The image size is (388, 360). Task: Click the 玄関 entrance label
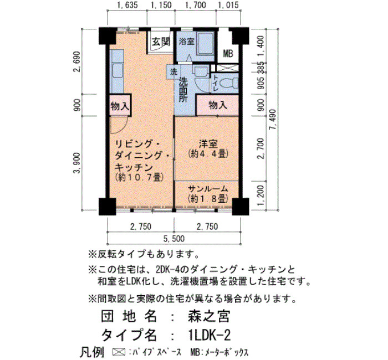point(161,42)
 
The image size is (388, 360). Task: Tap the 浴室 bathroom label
point(187,42)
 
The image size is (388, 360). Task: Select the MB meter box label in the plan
point(228,53)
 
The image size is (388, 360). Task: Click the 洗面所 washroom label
point(183,90)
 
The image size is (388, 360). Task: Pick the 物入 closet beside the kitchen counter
point(120,106)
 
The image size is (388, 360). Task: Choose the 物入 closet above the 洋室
point(218,105)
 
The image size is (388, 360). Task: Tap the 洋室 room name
point(208,144)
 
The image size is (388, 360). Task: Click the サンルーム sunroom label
point(208,189)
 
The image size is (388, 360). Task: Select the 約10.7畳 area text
point(139,177)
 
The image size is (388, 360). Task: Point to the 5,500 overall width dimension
point(174,239)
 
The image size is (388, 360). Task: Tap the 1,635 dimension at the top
point(127,5)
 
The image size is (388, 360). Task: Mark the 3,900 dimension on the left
point(77,163)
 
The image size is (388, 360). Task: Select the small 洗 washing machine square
point(173,72)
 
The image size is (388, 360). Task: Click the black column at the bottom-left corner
point(108,207)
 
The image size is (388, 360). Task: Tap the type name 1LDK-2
point(209,336)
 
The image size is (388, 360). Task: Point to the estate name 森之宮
point(209,316)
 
